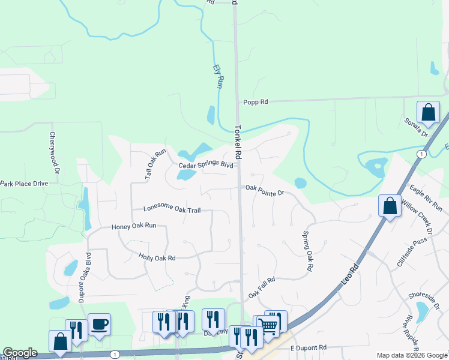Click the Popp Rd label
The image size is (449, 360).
[255, 103]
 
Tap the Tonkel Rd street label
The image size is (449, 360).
[238, 142]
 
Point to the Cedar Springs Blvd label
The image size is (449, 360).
[205, 165]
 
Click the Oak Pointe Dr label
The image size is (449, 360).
[264, 188]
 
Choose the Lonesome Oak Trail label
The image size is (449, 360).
[172, 209]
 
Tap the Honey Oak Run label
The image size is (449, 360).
[134, 226]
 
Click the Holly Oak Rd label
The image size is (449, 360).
[157, 257]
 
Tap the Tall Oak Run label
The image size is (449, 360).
[155, 161]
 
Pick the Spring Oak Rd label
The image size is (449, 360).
[308, 251]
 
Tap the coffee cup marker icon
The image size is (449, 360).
[99, 323]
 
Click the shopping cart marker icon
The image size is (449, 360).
[268, 326]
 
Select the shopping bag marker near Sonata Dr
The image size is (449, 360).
[428, 112]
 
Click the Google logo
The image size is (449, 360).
[20, 353]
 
